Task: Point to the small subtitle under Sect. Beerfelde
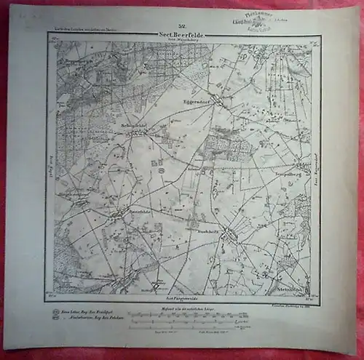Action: point(181,41)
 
